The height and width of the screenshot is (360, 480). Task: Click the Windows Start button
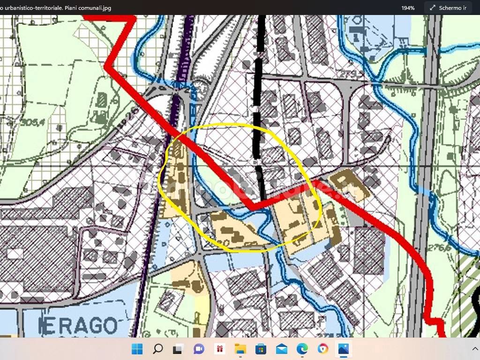137,349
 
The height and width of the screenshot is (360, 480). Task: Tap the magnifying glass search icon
158,349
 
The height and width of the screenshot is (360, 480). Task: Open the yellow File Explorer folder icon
240,349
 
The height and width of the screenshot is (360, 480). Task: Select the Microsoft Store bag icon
261,349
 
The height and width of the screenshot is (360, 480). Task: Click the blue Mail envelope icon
282,349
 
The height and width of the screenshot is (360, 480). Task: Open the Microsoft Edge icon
302,349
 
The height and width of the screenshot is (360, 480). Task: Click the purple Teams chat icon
199,349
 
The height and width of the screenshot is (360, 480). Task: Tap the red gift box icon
220,349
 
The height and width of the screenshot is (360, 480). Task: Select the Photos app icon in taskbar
344,349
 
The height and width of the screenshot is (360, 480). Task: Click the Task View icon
178,349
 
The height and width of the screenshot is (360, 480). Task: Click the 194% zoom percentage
407,8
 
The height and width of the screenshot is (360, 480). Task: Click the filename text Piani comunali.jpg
89,8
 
